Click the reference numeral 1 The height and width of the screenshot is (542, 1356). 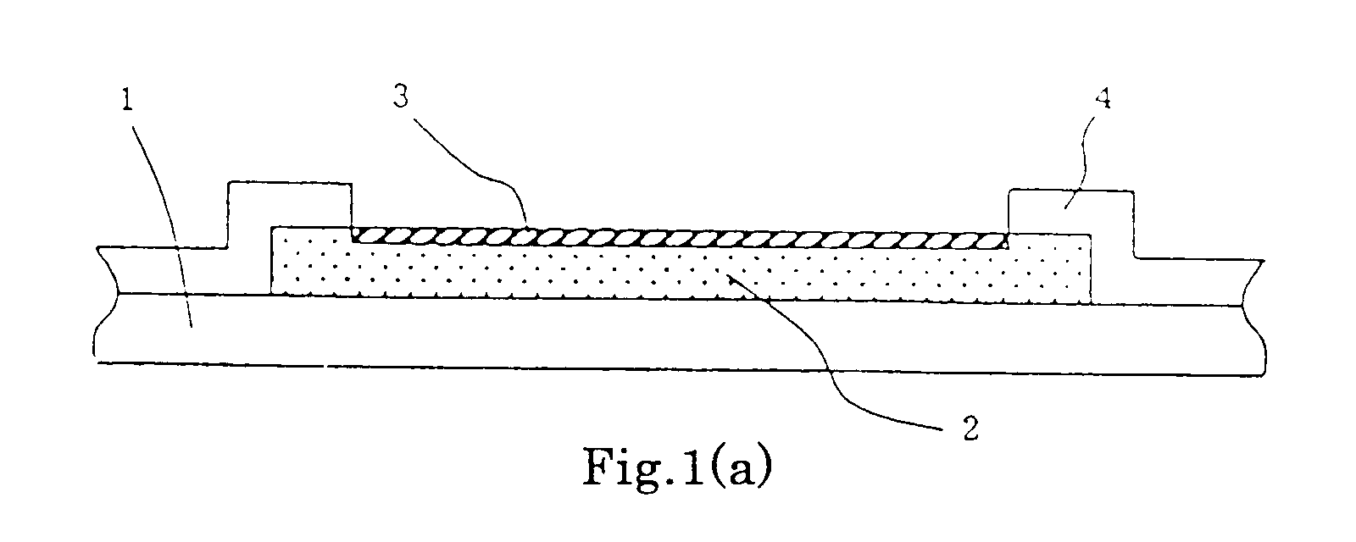126,100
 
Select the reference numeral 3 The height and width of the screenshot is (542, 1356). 401,97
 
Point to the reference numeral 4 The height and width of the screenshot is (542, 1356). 1103,98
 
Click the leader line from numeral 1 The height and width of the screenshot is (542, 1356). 169,224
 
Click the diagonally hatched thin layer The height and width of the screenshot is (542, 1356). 679,239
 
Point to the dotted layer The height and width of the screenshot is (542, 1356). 681,269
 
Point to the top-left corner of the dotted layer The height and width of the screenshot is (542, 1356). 272,228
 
